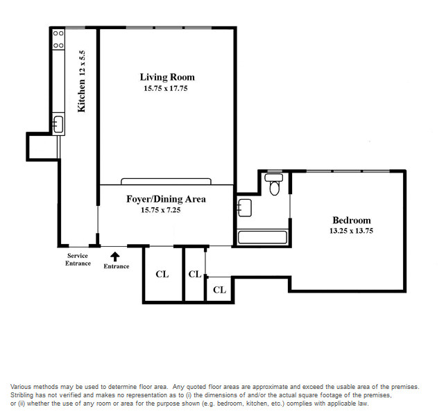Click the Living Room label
coord(167,77)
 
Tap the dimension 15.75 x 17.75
coord(166,88)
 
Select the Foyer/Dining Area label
coord(166,199)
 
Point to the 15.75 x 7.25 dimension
coord(160,210)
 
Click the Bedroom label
coord(352,220)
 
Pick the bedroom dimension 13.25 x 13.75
coord(351,231)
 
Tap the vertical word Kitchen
coord(81,96)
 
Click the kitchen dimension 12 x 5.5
coord(82,63)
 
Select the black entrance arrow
coord(114,257)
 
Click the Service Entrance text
coord(78,259)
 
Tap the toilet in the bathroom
coord(274,184)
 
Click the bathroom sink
coord(244,208)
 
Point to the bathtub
coord(262,237)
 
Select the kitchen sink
coord(58,124)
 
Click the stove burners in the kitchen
coord(58,40)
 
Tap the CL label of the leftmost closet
coord(162,274)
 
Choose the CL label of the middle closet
coord(195,274)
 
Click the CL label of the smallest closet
coord(219,290)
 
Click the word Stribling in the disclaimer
coord(22,395)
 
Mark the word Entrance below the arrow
coord(117,266)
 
